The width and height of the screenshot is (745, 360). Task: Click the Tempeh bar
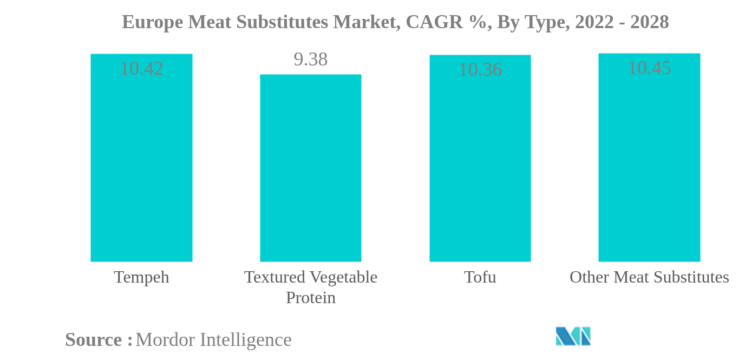(x=141, y=162)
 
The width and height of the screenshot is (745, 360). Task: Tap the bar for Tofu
(x=480, y=162)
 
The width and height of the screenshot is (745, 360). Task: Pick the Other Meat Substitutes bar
(x=649, y=162)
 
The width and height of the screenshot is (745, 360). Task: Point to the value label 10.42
(x=141, y=69)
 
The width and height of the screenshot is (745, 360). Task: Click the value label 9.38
(x=310, y=60)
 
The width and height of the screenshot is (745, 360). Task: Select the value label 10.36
(x=480, y=70)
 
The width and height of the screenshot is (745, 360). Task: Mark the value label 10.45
(x=649, y=68)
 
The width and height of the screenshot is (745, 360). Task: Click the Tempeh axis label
(x=141, y=277)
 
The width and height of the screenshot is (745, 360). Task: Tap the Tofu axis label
(x=480, y=277)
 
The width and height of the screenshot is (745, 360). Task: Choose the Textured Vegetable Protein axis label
(x=310, y=287)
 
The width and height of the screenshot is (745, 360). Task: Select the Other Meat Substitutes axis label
(x=649, y=277)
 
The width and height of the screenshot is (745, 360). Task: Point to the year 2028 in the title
(x=649, y=22)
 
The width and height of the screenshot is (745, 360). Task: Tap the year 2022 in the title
(x=595, y=22)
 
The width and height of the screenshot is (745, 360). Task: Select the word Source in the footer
(x=94, y=340)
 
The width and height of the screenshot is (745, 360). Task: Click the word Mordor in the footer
(x=165, y=340)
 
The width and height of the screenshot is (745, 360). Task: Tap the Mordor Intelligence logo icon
(x=573, y=336)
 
